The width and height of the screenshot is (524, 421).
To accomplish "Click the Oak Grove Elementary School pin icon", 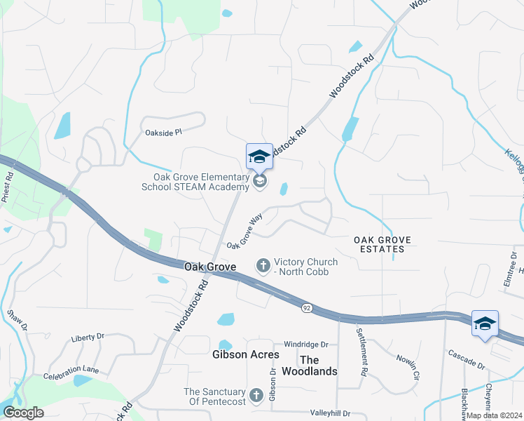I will [259, 157].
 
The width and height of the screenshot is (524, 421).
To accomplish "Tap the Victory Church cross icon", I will [263, 265].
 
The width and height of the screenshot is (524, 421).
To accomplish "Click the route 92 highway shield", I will [307, 308].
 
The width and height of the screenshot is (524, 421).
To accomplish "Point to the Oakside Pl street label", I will [163, 131].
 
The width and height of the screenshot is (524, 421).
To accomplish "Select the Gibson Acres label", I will [245, 354].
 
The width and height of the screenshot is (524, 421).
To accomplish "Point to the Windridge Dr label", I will [306, 345].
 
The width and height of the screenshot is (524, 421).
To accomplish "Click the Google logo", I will [23, 413].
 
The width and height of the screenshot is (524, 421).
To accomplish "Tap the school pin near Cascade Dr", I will [485, 323].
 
